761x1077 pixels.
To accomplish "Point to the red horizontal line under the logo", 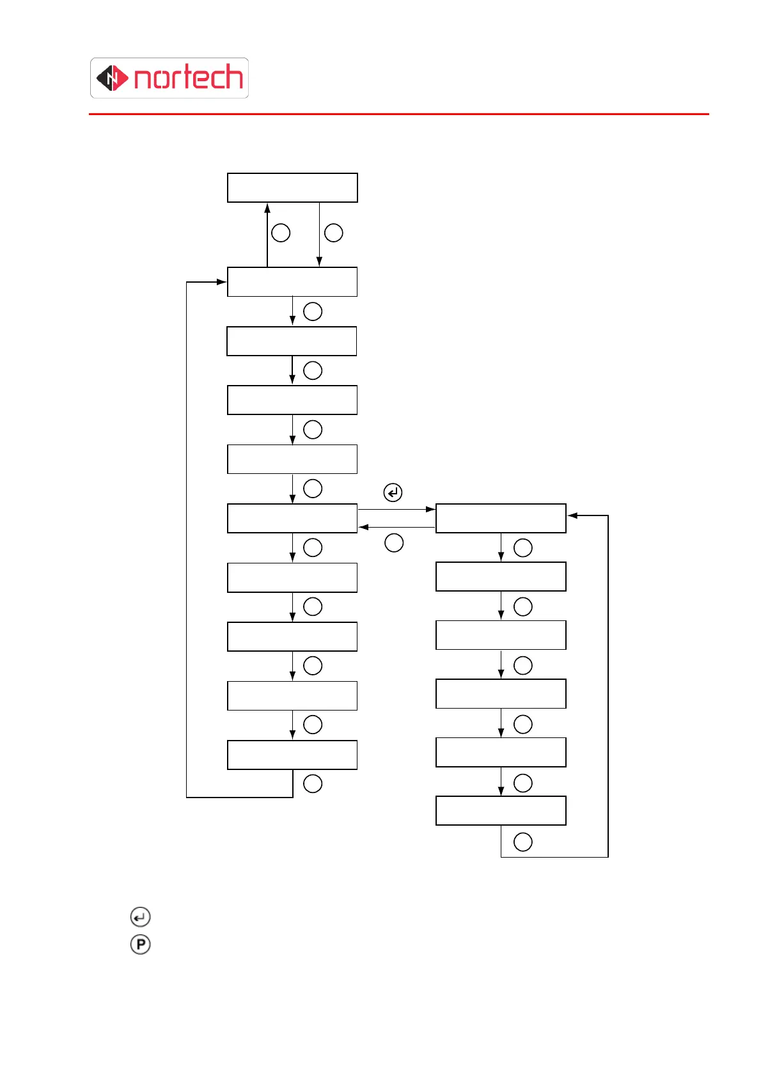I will click(x=398, y=114).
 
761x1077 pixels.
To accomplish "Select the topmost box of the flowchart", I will click(x=292, y=187).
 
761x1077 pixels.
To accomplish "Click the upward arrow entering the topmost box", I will click(x=267, y=234).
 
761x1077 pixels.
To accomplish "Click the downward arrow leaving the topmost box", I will click(x=319, y=234).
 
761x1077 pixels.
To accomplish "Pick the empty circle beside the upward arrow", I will click(x=281, y=233).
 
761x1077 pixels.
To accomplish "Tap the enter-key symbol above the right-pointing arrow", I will click(x=393, y=492).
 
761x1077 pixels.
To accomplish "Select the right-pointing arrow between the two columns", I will click(x=396, y=509).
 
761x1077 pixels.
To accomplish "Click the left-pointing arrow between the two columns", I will click(x=396, y=527).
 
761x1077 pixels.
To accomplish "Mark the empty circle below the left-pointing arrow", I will click(x=394, y=543).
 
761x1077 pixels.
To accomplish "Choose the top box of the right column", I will click(x=501, y=518).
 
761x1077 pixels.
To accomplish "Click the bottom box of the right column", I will click(x=501, y=810).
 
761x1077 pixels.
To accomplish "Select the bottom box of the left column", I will click(x=292, y=755).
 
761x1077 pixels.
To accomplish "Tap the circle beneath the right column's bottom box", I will click(x=523, y=842).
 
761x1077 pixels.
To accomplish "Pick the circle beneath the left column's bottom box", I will click(x=313, y=783).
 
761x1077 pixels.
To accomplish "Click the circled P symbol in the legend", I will click(x=140, y=945).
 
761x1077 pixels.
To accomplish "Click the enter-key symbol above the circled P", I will click(x=140, y=917).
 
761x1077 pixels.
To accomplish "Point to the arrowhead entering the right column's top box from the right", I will click(x=572, y=515).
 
